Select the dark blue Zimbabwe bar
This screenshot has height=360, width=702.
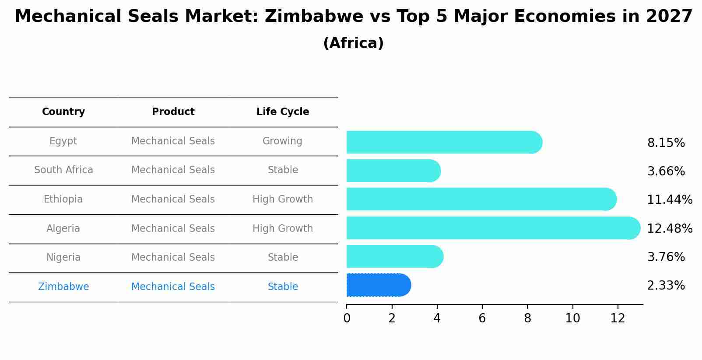click(x=378, y=285)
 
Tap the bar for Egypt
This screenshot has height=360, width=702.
click(x=443, y=142)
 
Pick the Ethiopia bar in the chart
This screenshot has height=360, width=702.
click(x=481, y=199)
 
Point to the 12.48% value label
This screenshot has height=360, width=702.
click(x=669, y=228)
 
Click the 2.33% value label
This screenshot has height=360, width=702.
click(x=665, y=286)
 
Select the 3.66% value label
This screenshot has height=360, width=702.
click(x=665, y=171)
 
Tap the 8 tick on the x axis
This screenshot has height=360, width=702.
click(x=527, y=318)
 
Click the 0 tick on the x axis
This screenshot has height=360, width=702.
click(x=347, y=318)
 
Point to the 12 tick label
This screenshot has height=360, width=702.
click(x=618, y=318)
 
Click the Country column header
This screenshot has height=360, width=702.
click(x=63, y=112)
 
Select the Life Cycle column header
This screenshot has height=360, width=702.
click(x=283, y=112)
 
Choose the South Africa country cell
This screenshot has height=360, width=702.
click(x=63, y=170)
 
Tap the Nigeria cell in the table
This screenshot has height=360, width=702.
click(x=63, y=258)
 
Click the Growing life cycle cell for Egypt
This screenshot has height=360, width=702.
click(x=282, y=141)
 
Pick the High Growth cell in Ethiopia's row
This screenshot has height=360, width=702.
click(x=282, y=199)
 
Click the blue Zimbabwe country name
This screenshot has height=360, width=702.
click(x=63, y=287)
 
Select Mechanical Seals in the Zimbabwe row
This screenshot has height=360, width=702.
click(x=173, y=287)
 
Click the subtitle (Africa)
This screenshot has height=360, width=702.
click(x=353, y=43)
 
